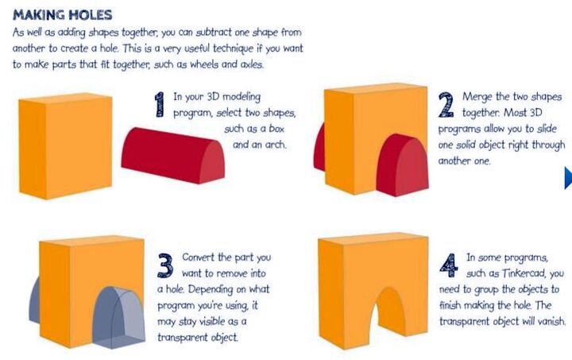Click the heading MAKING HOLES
[x=63, y=15]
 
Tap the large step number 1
[x=160, y=104]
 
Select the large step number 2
[x=446, y=105]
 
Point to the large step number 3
[x=165, y=265]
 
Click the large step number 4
[x=449, y=265]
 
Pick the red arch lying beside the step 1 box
[x=173, y=156]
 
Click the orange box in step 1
[x=65, y=146]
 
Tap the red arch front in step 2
[x=402, y=165]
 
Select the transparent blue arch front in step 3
[x=118, y=317]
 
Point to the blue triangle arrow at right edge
[x=567, y=178]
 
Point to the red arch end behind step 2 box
[x=319, y=147]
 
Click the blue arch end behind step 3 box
[x=35, y=300]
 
